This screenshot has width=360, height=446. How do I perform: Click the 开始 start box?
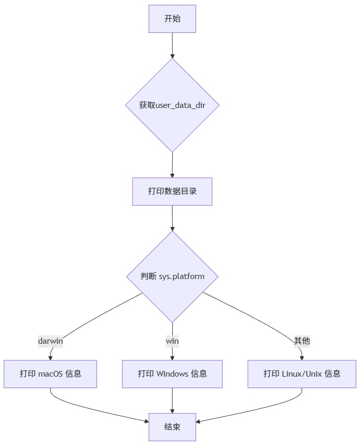(x=172, y=19)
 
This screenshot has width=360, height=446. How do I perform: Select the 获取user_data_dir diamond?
(x=172, y=105)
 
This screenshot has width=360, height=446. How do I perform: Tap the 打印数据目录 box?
(x=172, y=191)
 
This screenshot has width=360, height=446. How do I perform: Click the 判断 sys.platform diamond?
(x=172, y=276)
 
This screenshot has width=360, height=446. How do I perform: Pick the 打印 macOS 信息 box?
(x=51, y=373)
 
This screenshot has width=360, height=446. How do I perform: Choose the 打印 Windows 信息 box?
(x=172, y=373)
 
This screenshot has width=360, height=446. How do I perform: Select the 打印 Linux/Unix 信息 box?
(x=302, y=373)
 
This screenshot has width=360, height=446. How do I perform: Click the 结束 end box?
(x=172, y=427)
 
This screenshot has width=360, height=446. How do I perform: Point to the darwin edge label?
(x=51, y=341)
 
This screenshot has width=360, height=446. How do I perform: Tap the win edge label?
(x=172, y=341)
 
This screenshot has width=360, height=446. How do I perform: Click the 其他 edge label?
(x=302, y=341)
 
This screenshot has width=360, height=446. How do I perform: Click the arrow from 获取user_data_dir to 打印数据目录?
(x=172, y=165)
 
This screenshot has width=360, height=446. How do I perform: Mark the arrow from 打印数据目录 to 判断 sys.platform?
(x=172, y=218)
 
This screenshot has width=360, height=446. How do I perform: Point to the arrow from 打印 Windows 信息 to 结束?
(x=172, y=400)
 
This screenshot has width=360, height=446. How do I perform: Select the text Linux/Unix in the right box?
(x=302, y=373)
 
